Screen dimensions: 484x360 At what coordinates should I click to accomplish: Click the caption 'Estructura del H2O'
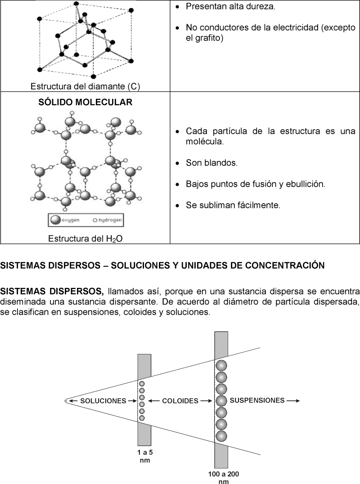click(x=85, y=239)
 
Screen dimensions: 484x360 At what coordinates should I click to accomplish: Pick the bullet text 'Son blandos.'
click(x=211, y=163)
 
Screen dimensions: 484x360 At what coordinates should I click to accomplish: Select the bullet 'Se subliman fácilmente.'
click(x=233, y=206)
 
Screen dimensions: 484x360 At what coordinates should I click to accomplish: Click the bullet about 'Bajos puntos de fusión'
click(x=255, y=184)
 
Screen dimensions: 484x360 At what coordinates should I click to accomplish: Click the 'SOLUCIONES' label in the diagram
click(x=103, y=401)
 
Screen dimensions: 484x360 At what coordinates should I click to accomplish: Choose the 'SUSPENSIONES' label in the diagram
click(x=257, y=400)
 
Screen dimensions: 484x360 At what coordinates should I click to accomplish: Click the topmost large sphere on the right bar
click(x=221, y=365)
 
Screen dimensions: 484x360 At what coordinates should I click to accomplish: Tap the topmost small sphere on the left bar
click(x=142, y=384)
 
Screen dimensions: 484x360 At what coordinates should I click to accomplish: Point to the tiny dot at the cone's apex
click(x=66, y=400)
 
